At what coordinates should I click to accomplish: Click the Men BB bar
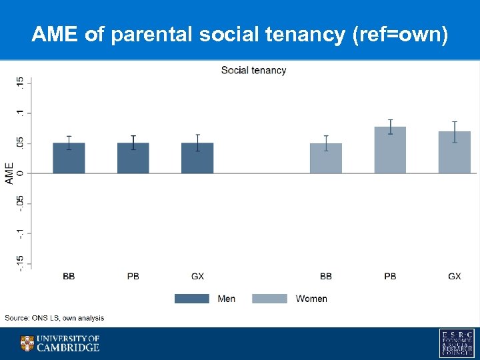point(69,158)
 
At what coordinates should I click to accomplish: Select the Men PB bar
point(133,158)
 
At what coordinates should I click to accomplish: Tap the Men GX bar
point(197,158)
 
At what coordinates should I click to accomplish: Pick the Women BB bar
point(326,158)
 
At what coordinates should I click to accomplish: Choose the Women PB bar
point(390,150)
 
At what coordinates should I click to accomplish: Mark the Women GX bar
point(455,153)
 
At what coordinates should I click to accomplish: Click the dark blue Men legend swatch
point(191,299)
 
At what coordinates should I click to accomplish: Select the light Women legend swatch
point(269,299)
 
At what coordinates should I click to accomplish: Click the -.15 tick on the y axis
point(21,263)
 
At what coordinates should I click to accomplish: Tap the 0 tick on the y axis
point(21,173)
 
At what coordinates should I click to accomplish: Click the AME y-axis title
point(9,173)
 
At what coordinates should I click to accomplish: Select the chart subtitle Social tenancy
point(253,70)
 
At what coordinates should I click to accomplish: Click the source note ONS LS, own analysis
point(55,318)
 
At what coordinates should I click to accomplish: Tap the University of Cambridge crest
point(27,343)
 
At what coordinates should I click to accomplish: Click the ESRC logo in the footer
point(457,343)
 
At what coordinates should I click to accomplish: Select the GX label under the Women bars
point(455,276)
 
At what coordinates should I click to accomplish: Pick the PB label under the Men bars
point(133,276)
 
